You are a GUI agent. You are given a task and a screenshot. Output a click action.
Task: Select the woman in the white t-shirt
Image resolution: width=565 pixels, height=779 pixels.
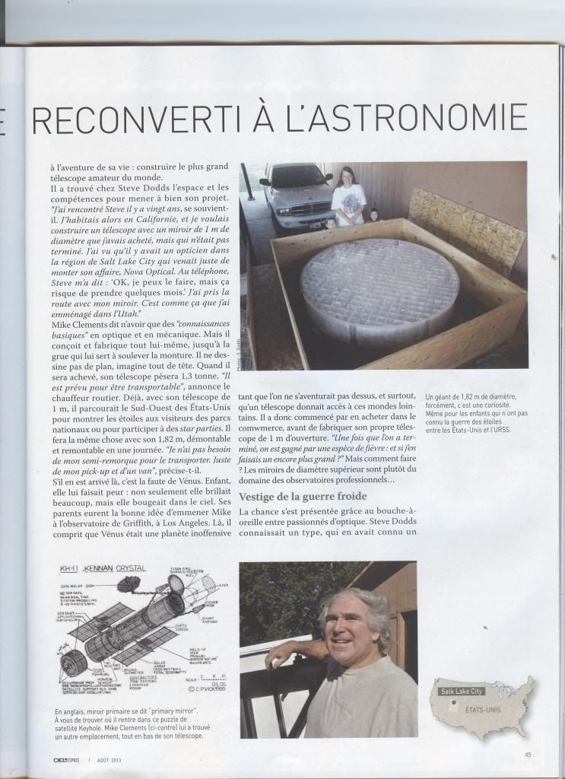(x=348, y=197)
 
